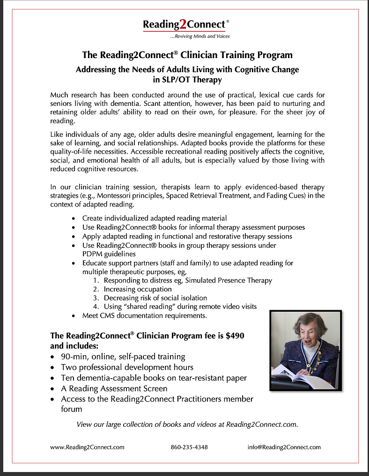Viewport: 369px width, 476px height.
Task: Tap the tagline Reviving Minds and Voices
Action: click(x=199, y=36)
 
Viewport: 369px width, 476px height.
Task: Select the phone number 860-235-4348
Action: click(x=189, y=447)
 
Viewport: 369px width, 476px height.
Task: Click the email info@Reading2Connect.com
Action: click(x=284, y=447)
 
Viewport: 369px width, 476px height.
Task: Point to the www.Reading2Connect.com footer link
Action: click(x=87, y=447)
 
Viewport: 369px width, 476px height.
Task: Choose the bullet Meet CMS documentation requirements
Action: click(x=144, y=316)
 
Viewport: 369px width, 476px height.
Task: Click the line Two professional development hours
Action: click(x=127, y=367)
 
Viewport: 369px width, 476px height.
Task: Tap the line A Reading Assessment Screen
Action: click(x=114, y=388)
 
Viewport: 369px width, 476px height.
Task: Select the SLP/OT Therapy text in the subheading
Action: click(x=187, y=80)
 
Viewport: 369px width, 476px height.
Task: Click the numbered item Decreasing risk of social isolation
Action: click(x=155, y=298)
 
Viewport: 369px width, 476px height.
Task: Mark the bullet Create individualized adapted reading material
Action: click(x=155, y=218)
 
